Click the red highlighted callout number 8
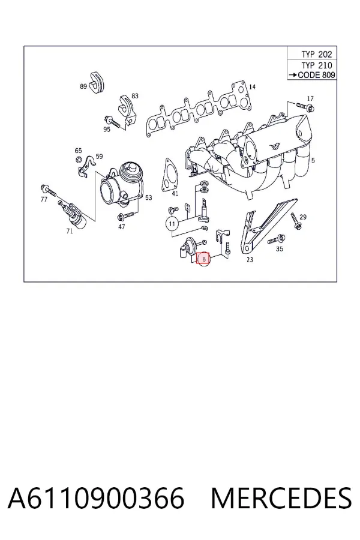point(203,259)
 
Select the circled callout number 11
point(172,224)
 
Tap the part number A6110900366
point(96,499)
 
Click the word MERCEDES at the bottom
point(281,499)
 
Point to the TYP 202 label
point(317,54)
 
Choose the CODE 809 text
point(317,75)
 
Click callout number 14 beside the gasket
point(252,87)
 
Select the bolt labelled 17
point(305,107)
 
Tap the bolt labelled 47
point(125,216)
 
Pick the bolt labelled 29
point(296,221)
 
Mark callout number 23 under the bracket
point(250,259)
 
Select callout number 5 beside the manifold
point(313,160)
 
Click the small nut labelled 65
point(78,160)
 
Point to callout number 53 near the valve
point(148,197)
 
